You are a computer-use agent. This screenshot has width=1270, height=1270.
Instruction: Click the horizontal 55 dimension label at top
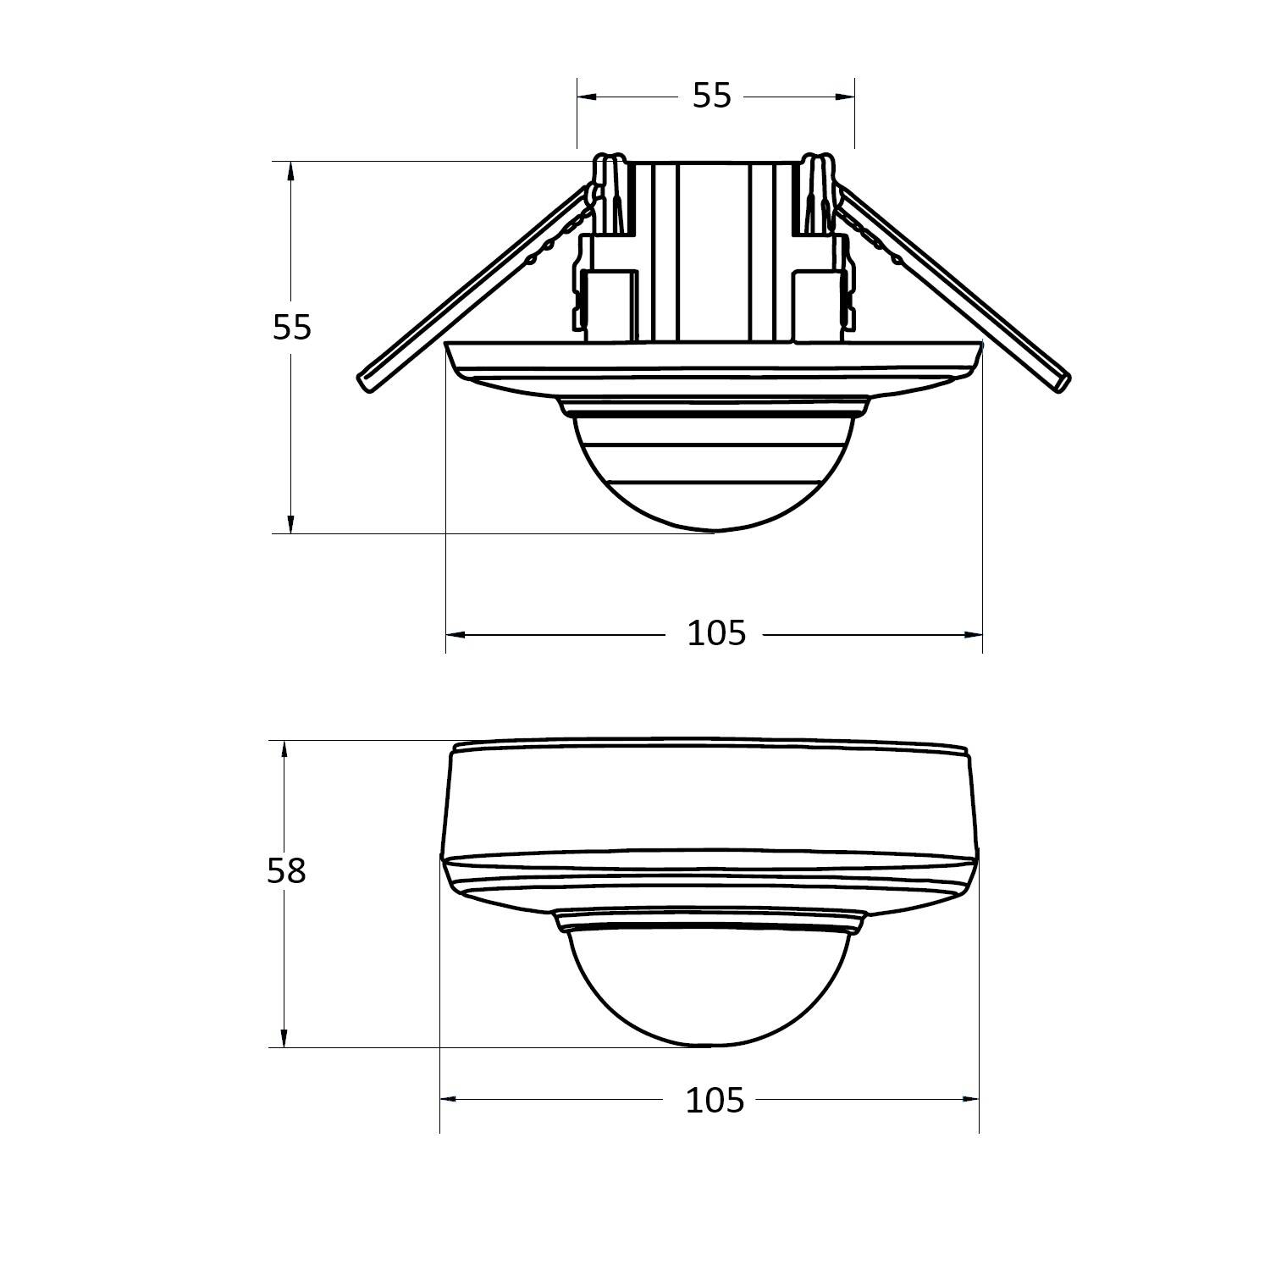click(711, 97)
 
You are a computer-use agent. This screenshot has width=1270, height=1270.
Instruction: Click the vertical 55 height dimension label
click(292, 327)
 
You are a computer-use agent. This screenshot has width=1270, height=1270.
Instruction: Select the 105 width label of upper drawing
click(716, 633)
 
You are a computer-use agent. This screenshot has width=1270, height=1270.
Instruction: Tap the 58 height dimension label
click(286, 870)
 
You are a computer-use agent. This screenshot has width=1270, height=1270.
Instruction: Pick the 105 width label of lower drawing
click(715, 1100)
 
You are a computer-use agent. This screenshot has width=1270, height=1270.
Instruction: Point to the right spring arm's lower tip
click(1062, 381)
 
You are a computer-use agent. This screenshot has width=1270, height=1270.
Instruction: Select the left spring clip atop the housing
click(610, 195)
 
